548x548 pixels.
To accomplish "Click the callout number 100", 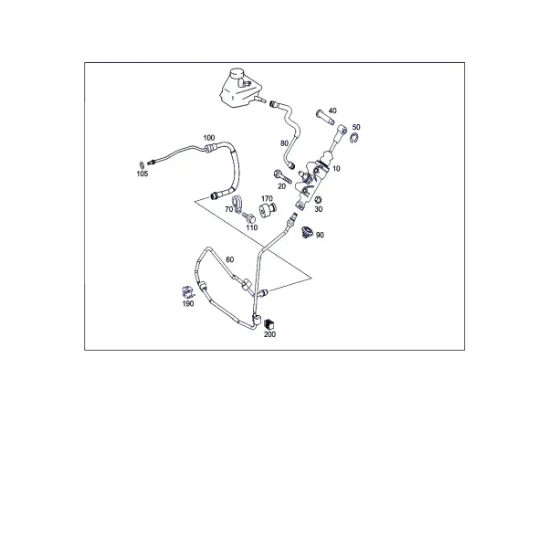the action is click(x=209, y=138).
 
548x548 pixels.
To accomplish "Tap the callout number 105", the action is click(x=142, y=174).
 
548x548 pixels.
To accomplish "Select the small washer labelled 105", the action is click(x=142, y=163).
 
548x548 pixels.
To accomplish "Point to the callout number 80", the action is click(x=284, y=143).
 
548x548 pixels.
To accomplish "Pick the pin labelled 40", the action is click(x=325, y=118).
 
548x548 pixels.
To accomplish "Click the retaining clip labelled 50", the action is click(x=354, y=138).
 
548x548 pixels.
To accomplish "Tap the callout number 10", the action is click(x=336, y=169).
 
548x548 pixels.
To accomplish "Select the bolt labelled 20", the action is click(x=282, y=176).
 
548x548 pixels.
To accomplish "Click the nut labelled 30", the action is click(x=318, y=200).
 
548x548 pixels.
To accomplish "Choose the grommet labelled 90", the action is click(x=307, y=232).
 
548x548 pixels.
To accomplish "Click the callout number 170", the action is click(x=267, y=198).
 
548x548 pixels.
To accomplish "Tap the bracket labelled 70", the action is click(x=237, y=204).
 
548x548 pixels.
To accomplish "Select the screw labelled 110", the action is click(x=248, y=217).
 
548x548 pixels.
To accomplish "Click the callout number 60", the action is click(x=229, y=259).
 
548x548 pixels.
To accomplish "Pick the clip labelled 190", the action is click(x=187, y=292).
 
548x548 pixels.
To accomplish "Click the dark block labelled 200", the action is click(x=269, y=324).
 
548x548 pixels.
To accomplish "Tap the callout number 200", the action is click(x=269, y=334).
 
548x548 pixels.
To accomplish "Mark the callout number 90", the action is click(x=320, y=236).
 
